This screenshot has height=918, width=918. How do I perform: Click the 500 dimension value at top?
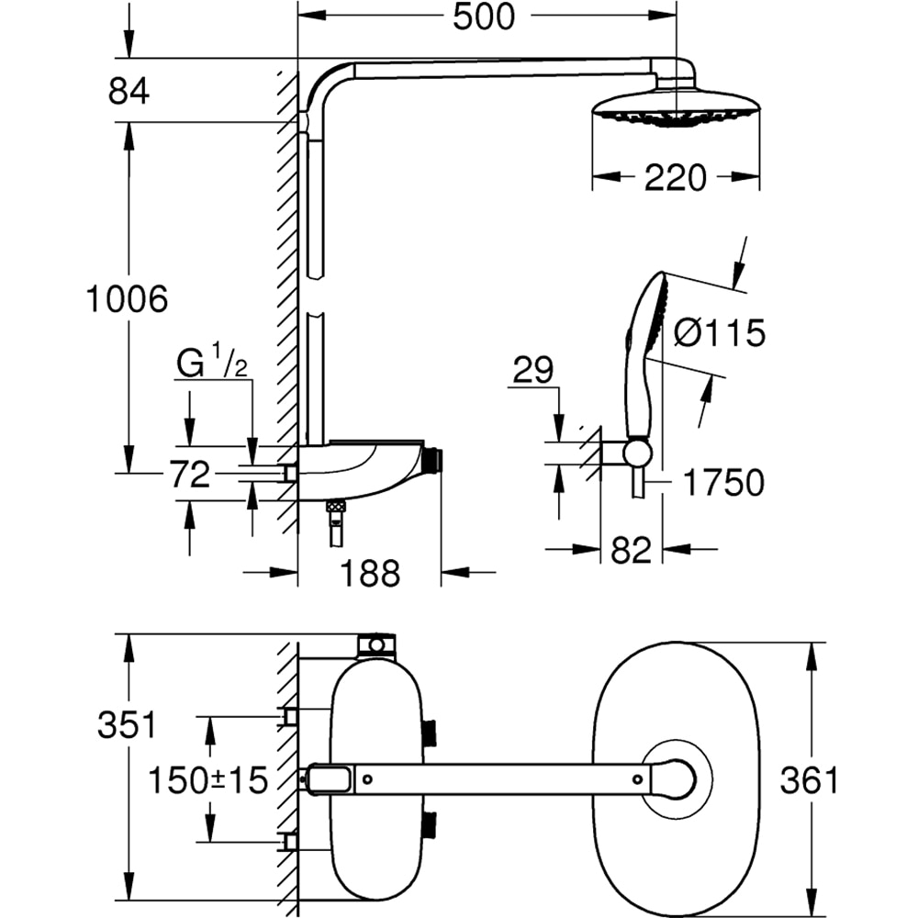click(x=484, y=17)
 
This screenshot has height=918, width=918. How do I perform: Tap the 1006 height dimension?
click(x=127, y=299)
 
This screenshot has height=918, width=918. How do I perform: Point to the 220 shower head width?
click(x=675, y=177)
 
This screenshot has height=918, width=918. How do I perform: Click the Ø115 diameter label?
click(x=719, y=333)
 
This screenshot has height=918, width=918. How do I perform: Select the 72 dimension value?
click(x=189, y=475)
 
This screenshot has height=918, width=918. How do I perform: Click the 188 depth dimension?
click(x=370, y=574)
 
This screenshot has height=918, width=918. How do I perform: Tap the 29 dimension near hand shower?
click(x=532, y=371)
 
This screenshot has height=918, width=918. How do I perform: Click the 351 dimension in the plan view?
click(x=128, y=725)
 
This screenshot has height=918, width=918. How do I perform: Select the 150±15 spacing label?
click(x=209, y=780)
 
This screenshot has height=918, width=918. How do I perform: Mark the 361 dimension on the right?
click(x=809, y=780)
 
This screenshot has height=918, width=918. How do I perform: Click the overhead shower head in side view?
click(x=675, y=107)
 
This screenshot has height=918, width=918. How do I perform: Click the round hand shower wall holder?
click(x=638, y=453)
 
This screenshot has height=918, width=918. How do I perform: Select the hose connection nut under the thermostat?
click(x=337, y=506)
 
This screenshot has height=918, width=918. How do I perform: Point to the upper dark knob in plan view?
click(x=429, y=733)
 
